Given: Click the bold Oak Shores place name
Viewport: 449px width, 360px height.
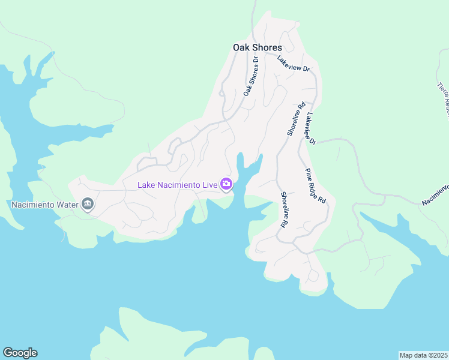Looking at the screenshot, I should [x=257, y=47].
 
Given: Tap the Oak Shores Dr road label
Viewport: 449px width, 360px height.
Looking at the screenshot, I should [x=250, y=76].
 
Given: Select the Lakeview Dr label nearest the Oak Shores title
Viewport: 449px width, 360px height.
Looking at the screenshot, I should [x=293, y=64].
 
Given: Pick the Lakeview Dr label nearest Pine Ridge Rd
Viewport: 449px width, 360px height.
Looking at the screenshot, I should [x=310, y=128].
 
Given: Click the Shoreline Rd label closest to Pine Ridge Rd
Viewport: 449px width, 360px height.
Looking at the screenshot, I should [x=283, y=209].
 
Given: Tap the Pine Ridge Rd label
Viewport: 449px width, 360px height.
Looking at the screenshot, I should [x=315, y=186].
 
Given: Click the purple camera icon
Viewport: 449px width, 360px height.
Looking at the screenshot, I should [x=226, y=184].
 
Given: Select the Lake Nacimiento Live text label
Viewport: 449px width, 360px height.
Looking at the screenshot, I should [x=177, y=185].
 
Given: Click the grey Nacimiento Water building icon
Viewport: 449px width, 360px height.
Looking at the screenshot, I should [x=88, y=205].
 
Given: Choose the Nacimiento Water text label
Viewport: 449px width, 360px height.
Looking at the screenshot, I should [x=46, y=205].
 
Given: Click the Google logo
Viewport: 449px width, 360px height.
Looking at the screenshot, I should [x=20, y=353].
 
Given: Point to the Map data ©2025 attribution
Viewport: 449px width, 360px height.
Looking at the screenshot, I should [x=423, y=355].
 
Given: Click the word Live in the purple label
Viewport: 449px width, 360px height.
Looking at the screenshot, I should [x=209, y=185].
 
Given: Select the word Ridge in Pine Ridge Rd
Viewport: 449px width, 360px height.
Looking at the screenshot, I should [x=315, y=187].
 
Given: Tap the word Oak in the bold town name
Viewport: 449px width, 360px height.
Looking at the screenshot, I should [x=241, y=47].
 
